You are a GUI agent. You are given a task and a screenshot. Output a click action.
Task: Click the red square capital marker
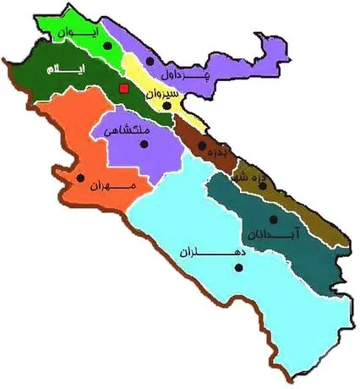[123, 88]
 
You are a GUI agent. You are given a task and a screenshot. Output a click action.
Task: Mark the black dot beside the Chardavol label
[150, 61]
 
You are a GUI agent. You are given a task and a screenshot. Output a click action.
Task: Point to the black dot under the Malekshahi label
[145, 145]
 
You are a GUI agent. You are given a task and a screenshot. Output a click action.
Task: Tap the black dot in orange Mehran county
[81, 178]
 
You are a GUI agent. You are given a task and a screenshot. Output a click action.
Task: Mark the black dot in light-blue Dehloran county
[240, 268]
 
